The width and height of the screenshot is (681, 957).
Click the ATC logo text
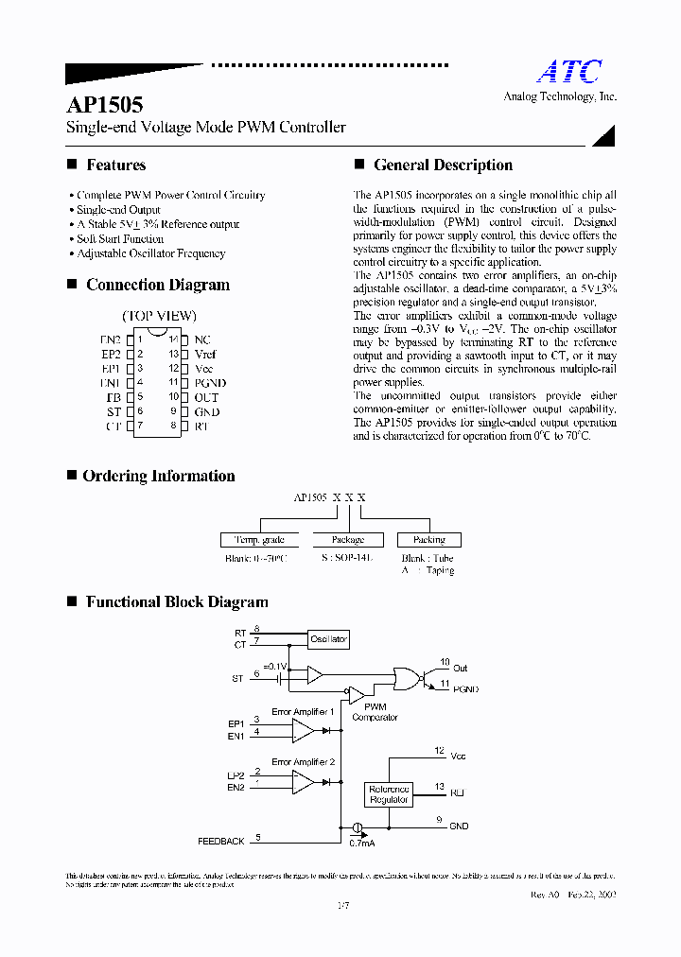coord(569,72)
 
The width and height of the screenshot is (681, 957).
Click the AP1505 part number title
coord(105,105)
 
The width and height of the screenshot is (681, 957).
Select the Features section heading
coord(115,165)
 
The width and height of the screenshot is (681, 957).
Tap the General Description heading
coord(443,165)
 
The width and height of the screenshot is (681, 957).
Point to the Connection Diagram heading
coord(157,285)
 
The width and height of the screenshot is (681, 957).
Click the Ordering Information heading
coord(158,476)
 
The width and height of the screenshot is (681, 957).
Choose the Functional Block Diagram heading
coord(177,601)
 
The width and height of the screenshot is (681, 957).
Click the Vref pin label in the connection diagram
coord(205,354)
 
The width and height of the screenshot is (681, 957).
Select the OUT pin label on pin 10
coord(206,397)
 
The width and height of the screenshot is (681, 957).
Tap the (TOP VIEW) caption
coord(159,316)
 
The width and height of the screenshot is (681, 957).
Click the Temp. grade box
coord(259,540)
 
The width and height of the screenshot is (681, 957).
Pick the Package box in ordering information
coord(347,540)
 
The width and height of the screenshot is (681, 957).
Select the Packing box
coord(428,540)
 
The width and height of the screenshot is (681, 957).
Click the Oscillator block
coord(328,639)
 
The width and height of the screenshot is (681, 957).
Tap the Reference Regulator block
coord(389,794)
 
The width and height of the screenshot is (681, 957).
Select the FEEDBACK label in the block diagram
coord(220,841)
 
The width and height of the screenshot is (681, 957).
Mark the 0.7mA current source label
coord(362,842)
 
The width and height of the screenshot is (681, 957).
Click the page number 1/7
coord(341,908)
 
